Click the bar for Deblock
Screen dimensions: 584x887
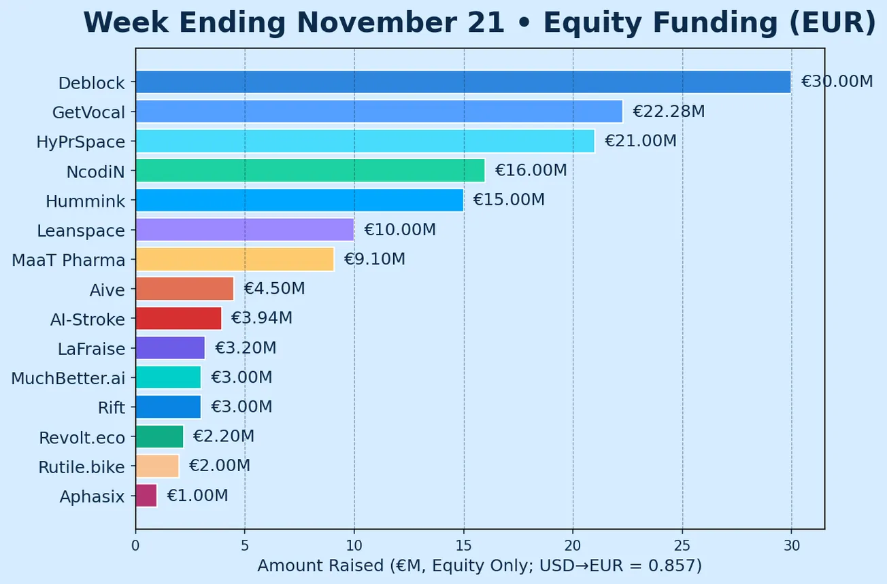click(x=463, y=82)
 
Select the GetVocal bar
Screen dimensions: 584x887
click(x=379, y=111)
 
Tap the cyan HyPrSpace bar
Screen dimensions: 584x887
click(x=365, y=141)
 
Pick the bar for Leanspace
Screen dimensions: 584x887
click(x=245, y=230)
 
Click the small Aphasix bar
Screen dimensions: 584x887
click(x=146, y=496)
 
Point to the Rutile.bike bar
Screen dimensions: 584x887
click(x=157, y=466)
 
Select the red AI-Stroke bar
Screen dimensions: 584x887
click(x=179, y=318)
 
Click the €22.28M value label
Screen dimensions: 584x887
click(x=669, y=111)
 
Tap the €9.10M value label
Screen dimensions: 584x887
click(x=375, y=259)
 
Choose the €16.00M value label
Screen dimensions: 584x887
click(x=531, y=171)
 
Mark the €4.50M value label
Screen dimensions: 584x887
click(x=274, y=289)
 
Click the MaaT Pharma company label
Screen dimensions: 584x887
click(x=69, y=260)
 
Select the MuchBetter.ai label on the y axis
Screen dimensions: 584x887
click(x=68, y=378)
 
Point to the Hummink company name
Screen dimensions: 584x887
click(x=86, y=201)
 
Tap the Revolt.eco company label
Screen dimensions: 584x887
click(x=82, y=438)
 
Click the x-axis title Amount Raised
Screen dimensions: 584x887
click(x=479, y=566)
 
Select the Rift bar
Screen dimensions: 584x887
click(x=168, y=407)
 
